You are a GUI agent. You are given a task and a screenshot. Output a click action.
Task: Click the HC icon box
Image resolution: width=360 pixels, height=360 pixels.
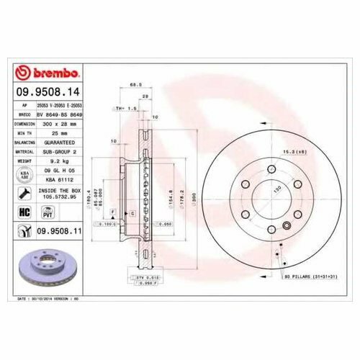coord(22,211)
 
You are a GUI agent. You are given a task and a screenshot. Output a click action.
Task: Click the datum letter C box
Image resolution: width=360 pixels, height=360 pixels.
coord(132,214)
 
